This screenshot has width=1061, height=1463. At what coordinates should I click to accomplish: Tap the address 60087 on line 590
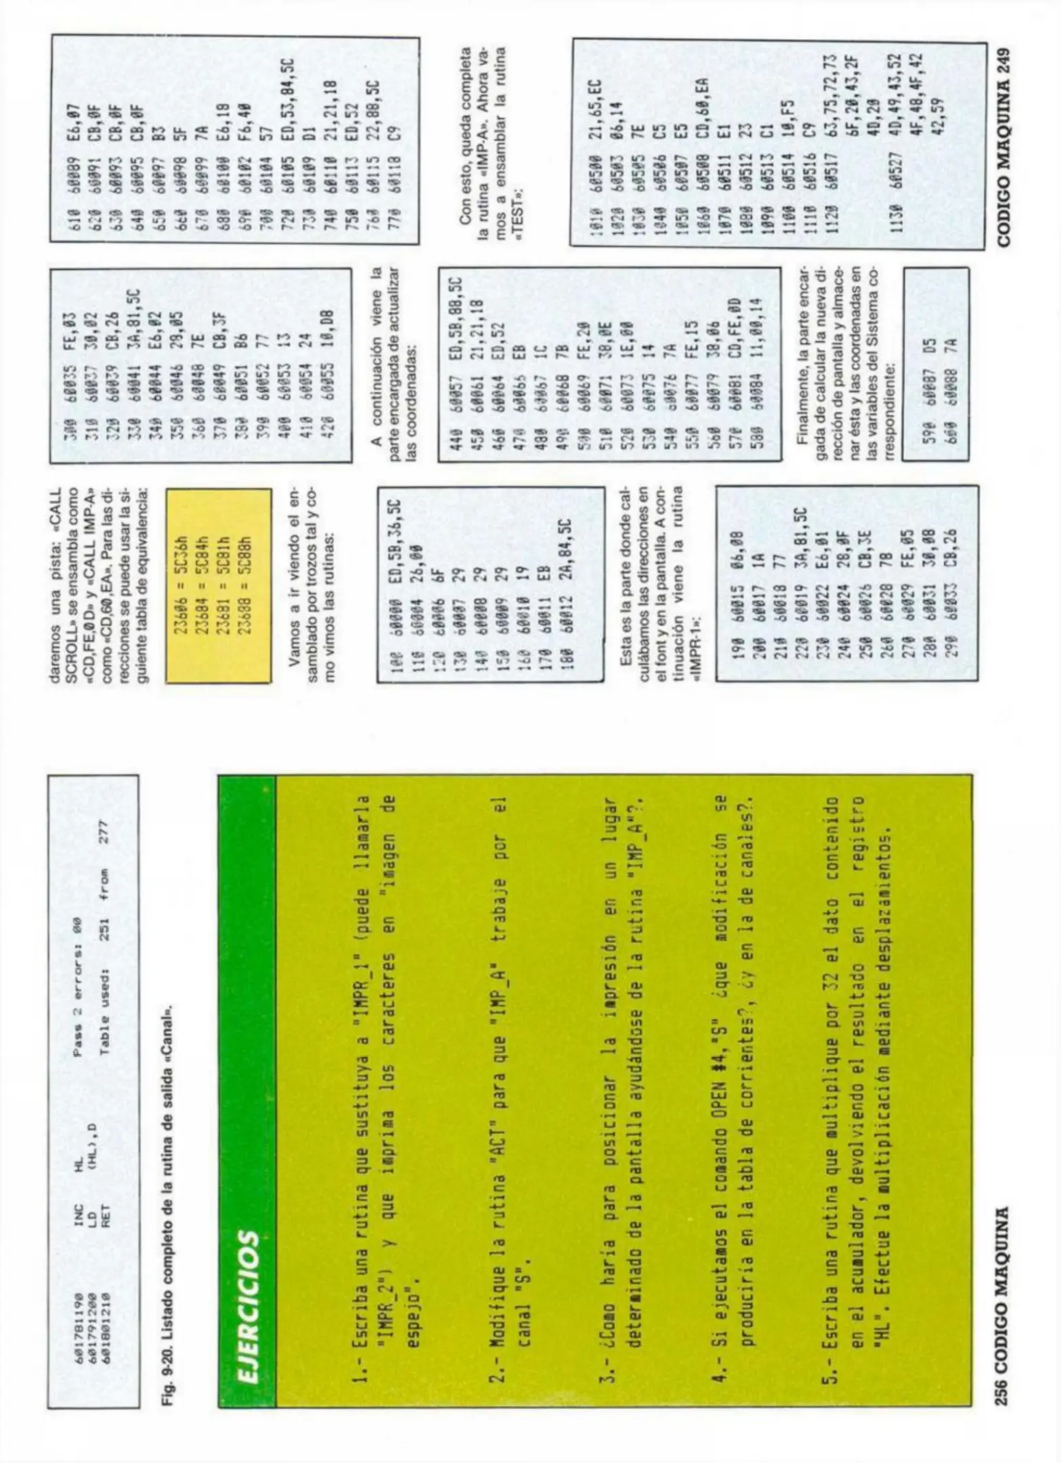935,396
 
